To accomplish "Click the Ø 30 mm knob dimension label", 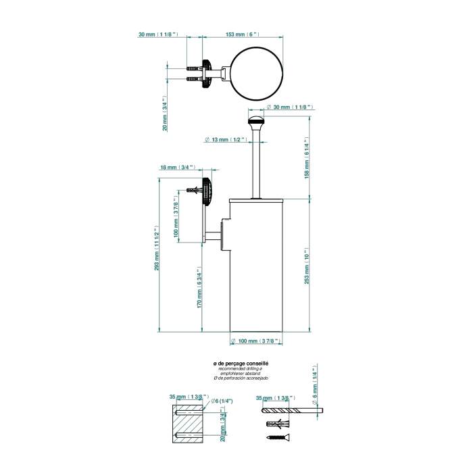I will pos(291,107).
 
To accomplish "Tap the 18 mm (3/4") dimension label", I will pos(178,168).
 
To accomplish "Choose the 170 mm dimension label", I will pos(201,289).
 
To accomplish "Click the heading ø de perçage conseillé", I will pos(240,364).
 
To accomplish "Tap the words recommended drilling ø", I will pos(240,370).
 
